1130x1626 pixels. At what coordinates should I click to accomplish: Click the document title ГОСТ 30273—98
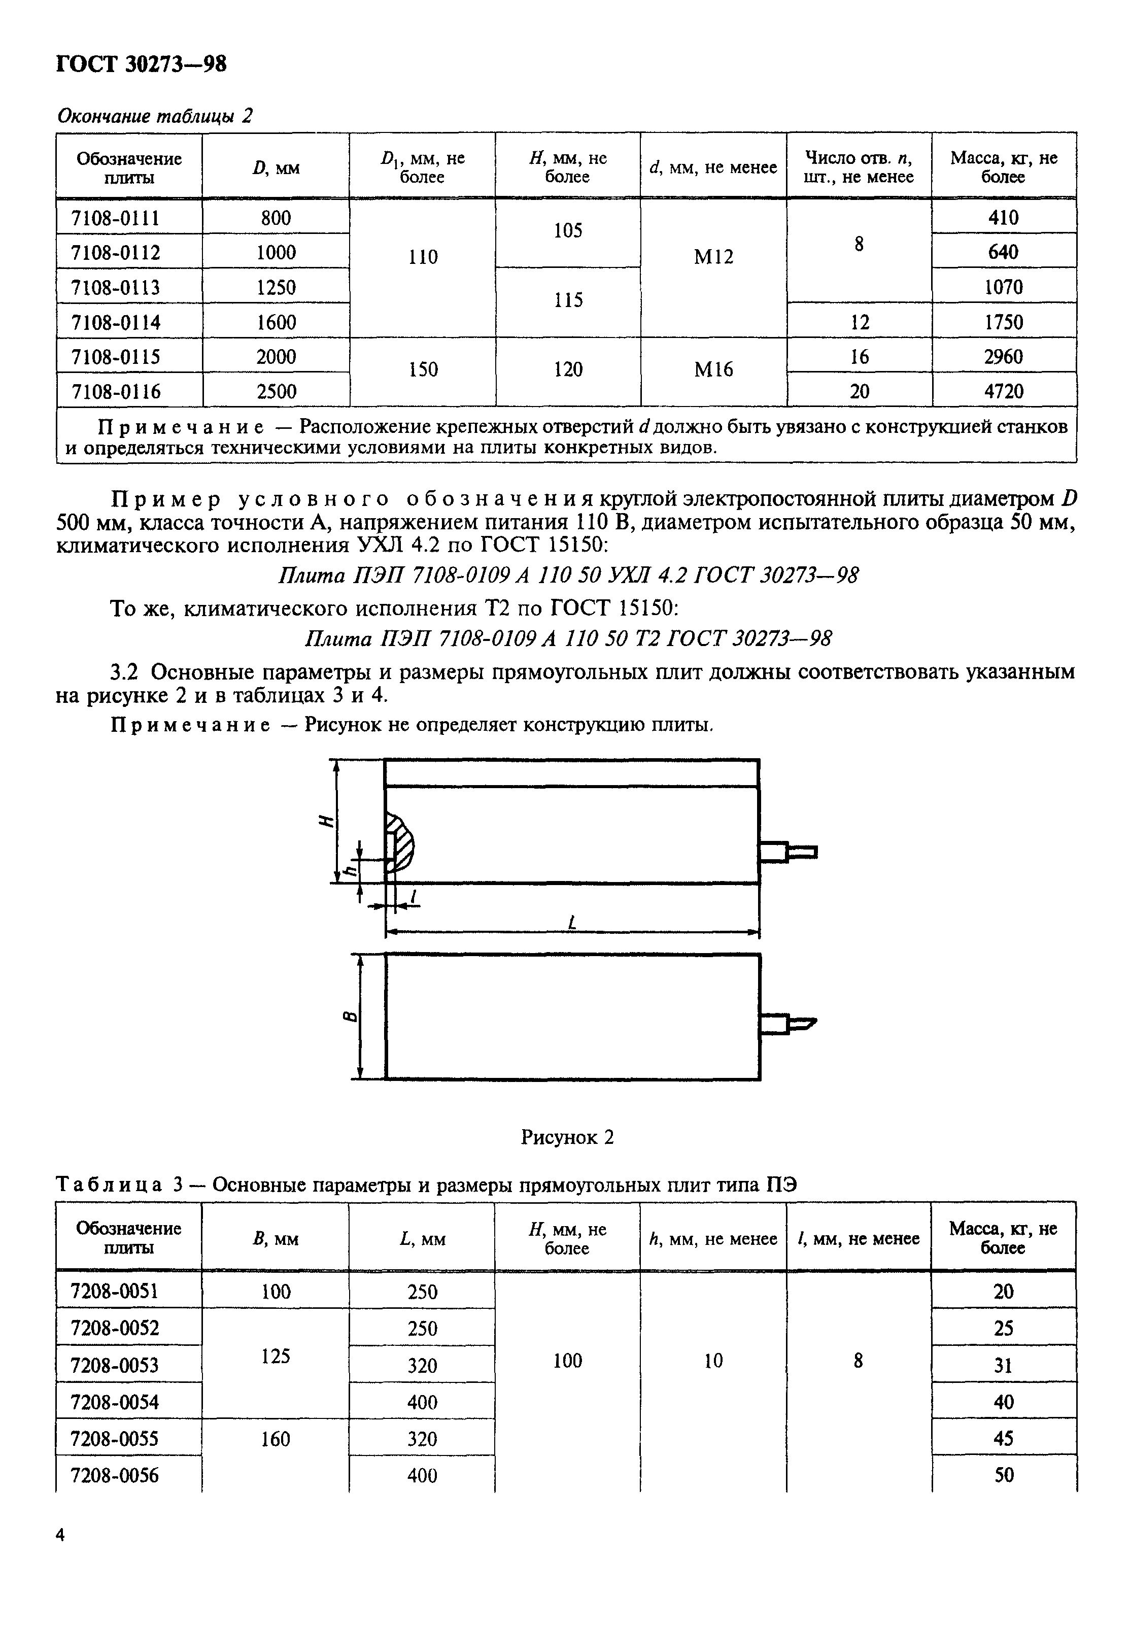141,64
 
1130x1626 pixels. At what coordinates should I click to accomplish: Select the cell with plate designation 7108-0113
116,287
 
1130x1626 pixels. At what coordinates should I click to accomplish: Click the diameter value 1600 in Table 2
276,322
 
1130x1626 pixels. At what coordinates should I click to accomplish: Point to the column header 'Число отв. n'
859,167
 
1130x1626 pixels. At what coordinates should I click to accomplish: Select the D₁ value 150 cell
423,369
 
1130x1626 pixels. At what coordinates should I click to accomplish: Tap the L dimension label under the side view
572,922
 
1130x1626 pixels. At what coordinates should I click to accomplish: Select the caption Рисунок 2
567,1137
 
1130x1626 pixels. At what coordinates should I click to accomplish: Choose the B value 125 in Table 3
276,1356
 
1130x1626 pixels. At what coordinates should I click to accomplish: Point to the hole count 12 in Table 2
859,322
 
